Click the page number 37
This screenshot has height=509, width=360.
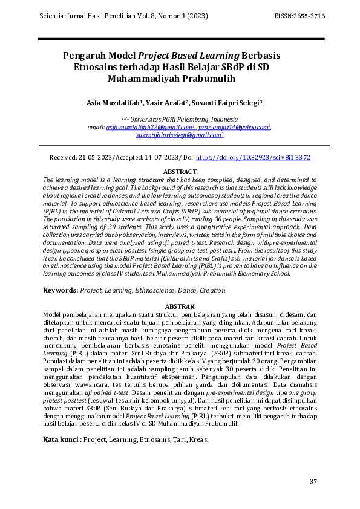click(313, 481)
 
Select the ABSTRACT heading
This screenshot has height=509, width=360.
click(180, 172)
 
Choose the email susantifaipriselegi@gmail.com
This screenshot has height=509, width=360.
click(178, 136)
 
